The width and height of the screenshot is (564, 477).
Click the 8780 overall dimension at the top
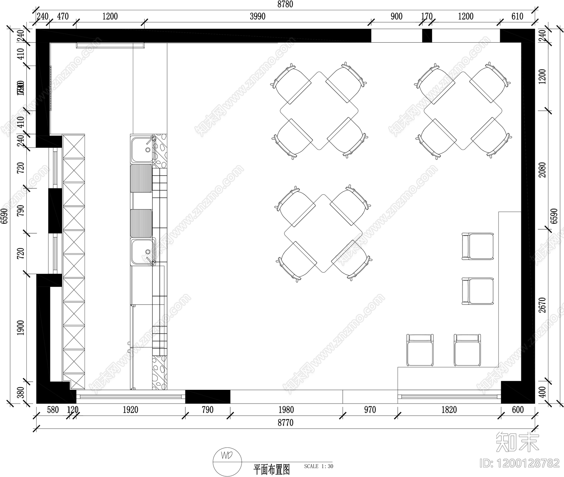[285, 4]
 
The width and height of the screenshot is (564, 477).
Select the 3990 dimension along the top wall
[257, 16]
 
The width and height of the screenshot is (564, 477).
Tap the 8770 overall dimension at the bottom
[285, 422]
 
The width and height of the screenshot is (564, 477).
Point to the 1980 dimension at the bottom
[286, 410]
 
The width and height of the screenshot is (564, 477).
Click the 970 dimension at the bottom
[370, 410]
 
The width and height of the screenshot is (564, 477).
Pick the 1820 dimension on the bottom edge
[449, 410]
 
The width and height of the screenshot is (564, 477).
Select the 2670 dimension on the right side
[542, 305]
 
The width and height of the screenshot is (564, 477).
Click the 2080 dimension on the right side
[542, 170]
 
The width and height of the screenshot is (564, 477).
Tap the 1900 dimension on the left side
[21, 328]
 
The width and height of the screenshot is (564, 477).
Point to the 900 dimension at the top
[397, 16]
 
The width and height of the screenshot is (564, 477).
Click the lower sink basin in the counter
[142, 252]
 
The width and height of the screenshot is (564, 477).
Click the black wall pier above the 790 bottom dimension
[208, 396]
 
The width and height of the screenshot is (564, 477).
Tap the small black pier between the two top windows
[427, 36]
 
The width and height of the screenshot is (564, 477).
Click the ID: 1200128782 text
[520, 463]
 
